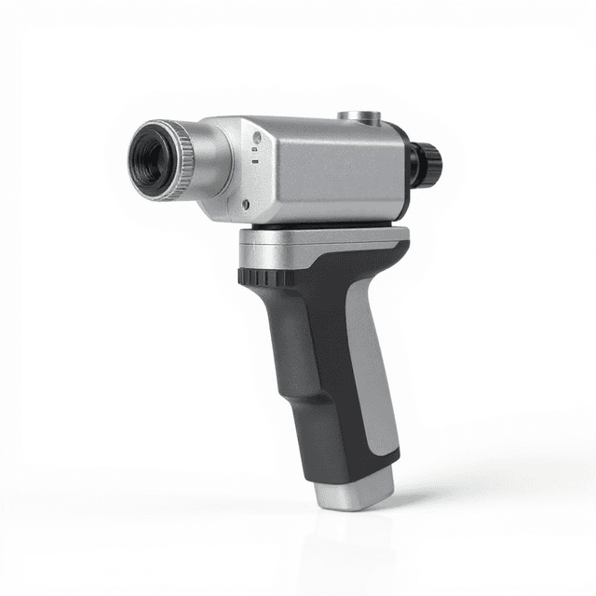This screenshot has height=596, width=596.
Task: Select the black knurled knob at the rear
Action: coord(429,160)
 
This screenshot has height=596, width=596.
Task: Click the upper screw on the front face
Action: coord(255,137)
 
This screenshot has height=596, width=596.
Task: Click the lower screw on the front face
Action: coord(245,203)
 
